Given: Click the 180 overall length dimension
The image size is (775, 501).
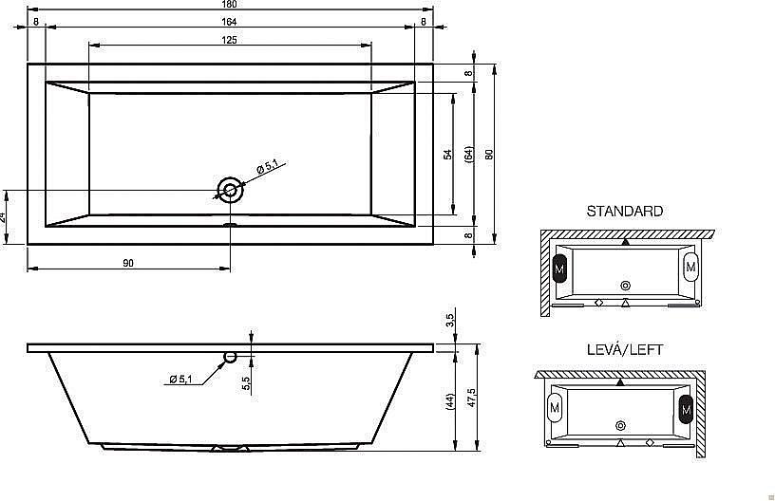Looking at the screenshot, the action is (x=229, y=4).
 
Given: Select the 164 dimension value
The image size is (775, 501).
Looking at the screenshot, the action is (x=229, y=22).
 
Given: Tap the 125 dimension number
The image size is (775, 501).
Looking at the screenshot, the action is (x=229, y=40).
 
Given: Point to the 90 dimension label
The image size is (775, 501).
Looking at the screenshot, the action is (x=128, y=263).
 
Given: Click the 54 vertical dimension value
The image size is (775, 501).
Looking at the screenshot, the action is (x=447, y=154).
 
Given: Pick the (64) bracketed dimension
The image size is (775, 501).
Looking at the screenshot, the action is (x=468, y=154).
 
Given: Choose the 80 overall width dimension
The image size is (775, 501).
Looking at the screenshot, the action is (x=489, y=154).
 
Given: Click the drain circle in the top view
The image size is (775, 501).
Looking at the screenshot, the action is (x=230, y=190).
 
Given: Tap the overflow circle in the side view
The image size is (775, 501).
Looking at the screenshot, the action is (x=231, y=357).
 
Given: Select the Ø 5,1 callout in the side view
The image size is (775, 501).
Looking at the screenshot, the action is (x=180, y=380).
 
